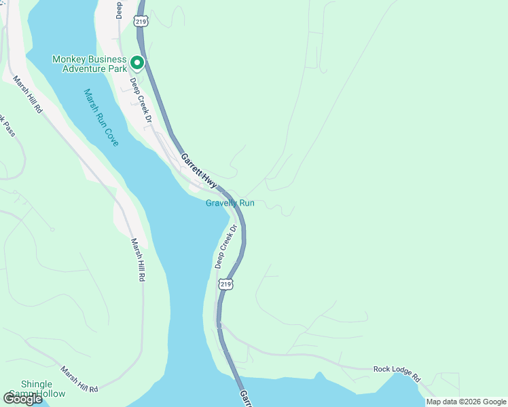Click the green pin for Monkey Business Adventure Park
tap(137, 63)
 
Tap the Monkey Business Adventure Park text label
tap(90, 64)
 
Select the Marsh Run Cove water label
tap(102, 117)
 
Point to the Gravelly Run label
tap(230, 203)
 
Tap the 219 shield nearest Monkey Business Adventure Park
tap(141, 20)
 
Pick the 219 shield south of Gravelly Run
tap(227, 284)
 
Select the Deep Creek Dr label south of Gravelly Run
tap(225, 246)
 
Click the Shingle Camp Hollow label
tap(43, 389)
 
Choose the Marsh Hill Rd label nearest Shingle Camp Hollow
tap(79, 379)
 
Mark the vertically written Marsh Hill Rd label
tap(138, 260)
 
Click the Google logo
tap(23, 399)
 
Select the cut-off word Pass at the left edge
tap(8, 128)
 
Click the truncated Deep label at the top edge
tap(119, 8)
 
